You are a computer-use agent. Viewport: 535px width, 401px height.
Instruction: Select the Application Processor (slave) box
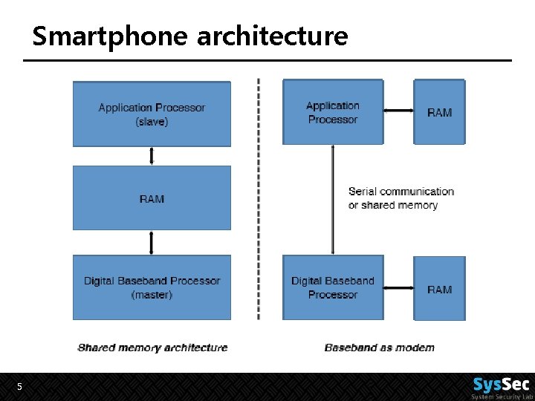pos(152,114)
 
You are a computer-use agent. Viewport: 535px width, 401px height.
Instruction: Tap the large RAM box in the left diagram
pos(152,198)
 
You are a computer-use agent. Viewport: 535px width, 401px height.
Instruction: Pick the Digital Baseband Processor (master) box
pos(152,287)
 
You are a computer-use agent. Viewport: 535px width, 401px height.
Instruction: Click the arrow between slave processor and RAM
pos(152,156)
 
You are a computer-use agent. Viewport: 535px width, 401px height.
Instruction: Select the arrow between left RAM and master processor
pos(152,243)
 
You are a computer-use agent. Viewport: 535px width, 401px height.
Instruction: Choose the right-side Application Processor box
pos(332,112)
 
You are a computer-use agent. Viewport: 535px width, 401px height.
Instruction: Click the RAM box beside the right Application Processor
pos(439,112)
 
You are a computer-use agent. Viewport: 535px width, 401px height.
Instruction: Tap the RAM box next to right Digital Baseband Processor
pos(439,288)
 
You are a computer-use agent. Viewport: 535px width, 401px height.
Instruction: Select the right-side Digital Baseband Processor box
pos(332,287)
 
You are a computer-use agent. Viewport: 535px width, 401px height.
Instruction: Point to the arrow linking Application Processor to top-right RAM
pos(398,112)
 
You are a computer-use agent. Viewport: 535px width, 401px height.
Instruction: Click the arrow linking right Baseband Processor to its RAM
pos(398,288)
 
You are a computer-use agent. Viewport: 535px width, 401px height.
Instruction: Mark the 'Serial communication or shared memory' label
pos(401,198)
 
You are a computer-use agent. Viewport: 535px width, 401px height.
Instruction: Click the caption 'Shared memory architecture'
pos(152,347)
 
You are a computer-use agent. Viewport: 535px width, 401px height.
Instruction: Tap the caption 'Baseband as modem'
pos(380,347)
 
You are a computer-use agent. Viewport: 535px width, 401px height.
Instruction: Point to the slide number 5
pos(19,387)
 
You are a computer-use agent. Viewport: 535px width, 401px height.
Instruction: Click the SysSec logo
pos(502,386)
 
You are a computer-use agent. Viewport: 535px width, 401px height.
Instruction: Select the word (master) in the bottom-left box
pos(152,295)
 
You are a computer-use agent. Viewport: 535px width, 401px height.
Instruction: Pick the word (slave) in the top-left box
pos(152,122)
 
